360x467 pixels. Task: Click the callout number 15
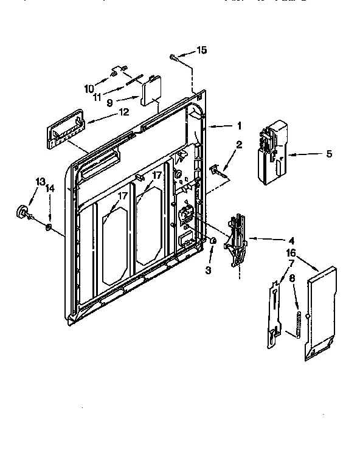click(202, 50)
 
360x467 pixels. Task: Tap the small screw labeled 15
click(175, 57)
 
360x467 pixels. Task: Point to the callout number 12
click(123, 112)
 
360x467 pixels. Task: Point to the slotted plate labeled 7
click(275, 313)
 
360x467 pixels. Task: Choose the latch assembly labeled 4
click(237, 240)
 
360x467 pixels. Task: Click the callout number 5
click(329, 154)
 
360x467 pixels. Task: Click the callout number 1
click(240, 126)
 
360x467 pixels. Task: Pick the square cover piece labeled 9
click(150, 92)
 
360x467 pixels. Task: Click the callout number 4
click(274, 240)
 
